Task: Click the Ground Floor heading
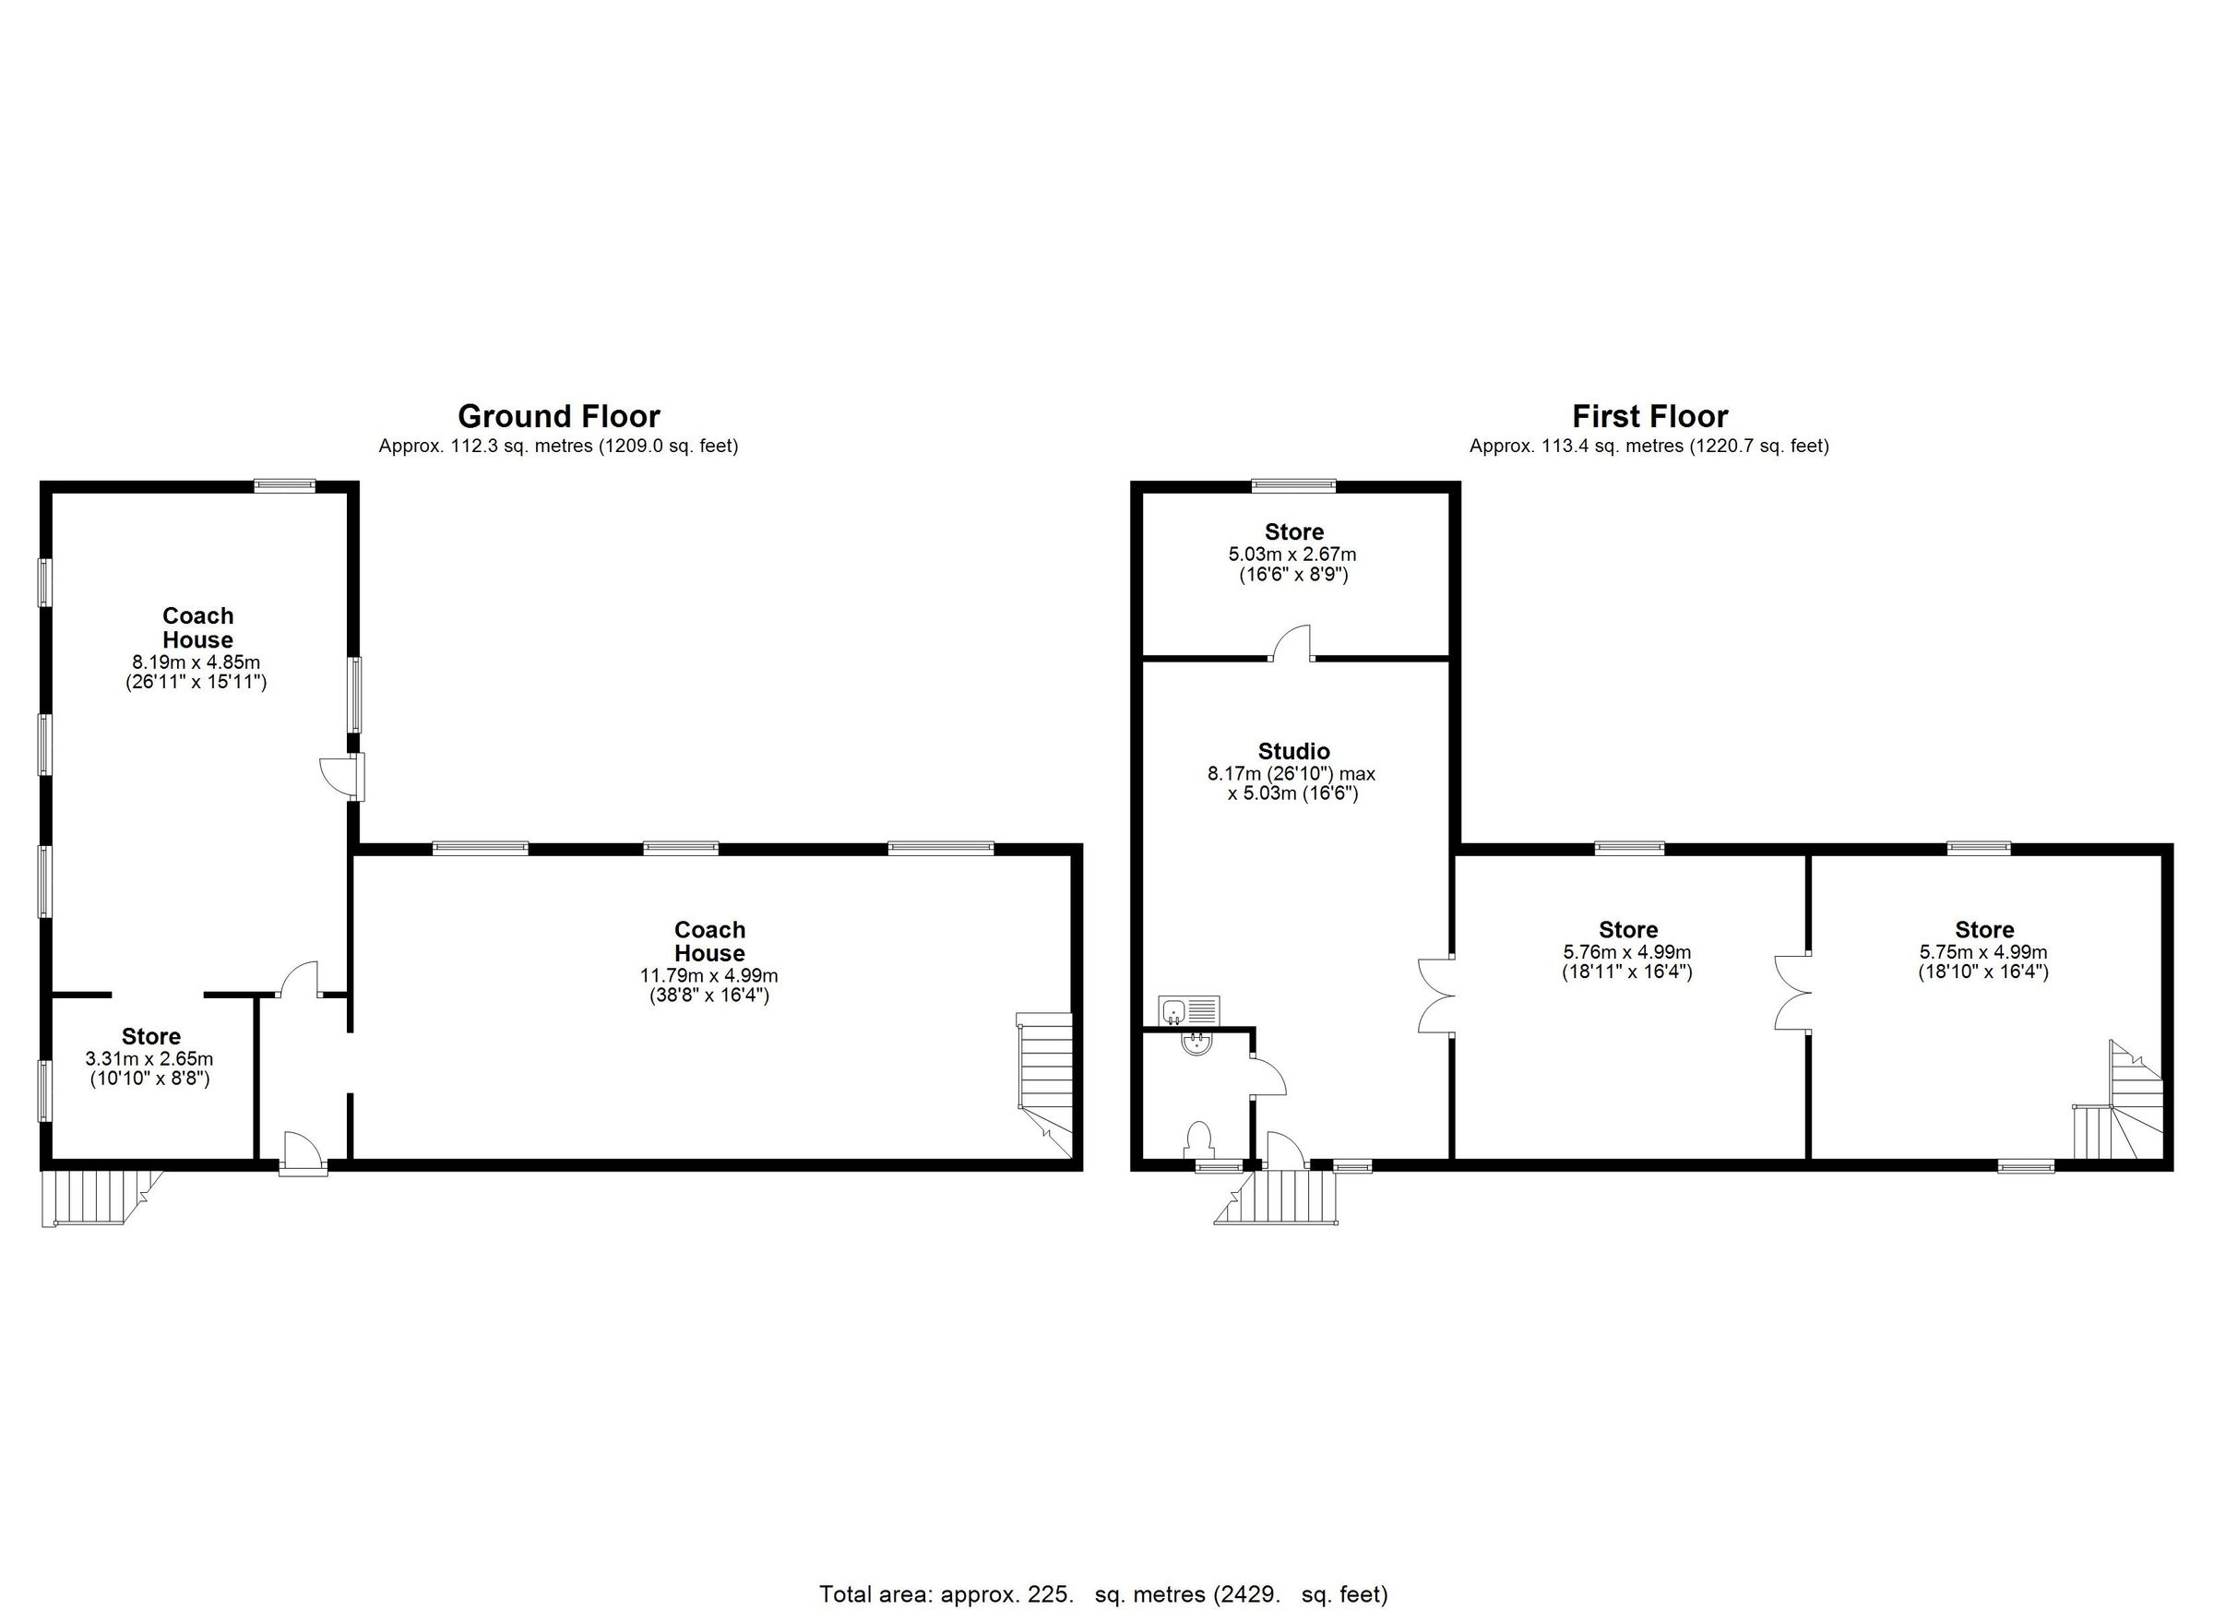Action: pyautogui.click(x=558, y=417)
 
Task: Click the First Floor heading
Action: pyautogui.click(x=1649, y=417)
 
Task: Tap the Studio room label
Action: pyautogui.click(x=1293, y=751)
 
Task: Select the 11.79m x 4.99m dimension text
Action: pyautogui.click(x=708, y=975)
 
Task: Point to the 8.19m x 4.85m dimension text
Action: pyautogui.click(x=196, y=662)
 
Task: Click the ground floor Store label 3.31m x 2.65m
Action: pyautogui.click(x=150, y=1036)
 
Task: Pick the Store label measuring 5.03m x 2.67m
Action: pyautogui.click(x=1293, y=532)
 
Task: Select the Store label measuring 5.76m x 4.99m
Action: pyautogui.click(x=1627, y=929)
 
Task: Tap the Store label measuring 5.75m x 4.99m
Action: pyautogui.click(x=1983, y=929)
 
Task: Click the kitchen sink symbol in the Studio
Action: pyautogui.click(x=1189, y=1008)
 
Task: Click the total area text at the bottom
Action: pyautogui.click(x=1103, y=1594)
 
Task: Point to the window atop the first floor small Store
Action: pyautogui.click(x=1293, y=483)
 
